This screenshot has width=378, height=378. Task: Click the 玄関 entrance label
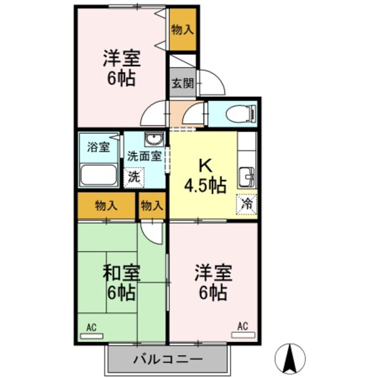(183, 83)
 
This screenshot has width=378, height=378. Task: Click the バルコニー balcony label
(168, 359)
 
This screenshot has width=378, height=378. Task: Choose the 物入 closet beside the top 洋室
(183, 29)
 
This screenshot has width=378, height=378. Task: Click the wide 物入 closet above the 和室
(106, 206)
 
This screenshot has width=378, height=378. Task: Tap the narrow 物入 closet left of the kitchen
(152, 206)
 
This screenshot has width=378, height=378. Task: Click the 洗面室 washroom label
(144, 156)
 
